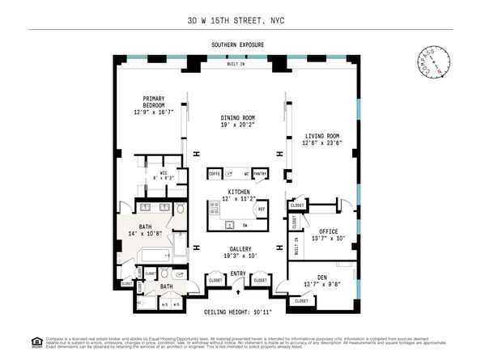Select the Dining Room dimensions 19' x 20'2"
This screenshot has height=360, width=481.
tap(237, 125)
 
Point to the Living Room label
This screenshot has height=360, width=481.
tap(321, 136)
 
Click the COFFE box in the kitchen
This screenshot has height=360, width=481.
tap(215, 174)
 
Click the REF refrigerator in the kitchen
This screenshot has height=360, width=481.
tap(261, 210)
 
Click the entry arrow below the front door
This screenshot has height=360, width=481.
tap(238, 290)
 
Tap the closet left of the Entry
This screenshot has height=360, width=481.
tap(215, 281)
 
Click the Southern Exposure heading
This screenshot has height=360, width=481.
tap(238, 44)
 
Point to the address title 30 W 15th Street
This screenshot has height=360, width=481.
tap(240, 19)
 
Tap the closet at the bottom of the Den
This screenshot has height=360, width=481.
tap(300, 300)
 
